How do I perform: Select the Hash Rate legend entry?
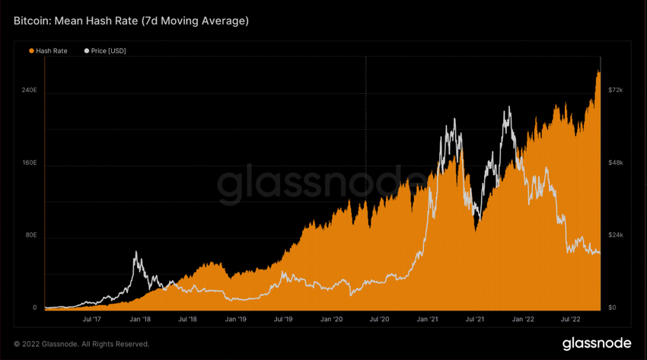point(51,51)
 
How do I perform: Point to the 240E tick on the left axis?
point(29,91)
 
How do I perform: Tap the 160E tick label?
point(29,164)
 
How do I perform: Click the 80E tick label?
point(30,236)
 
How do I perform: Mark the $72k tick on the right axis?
point(616,91)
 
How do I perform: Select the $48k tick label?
point(616,164)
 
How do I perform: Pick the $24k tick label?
point(616,236)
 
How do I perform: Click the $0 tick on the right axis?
point(613,308)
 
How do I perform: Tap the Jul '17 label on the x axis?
point(93,320)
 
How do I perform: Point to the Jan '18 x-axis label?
point(140,320)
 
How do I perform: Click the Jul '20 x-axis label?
point(379,320)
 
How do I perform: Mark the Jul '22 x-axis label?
point(571,320)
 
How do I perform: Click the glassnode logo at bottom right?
point(596,343)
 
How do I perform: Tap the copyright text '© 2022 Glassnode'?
point(81,344)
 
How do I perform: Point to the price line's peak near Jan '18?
point(137,252)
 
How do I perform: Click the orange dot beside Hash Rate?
point(31,51)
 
